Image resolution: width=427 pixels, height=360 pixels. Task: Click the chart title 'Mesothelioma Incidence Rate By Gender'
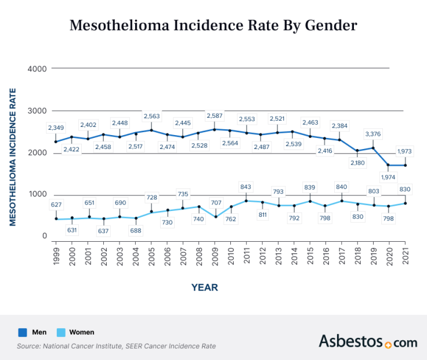coord(213,26)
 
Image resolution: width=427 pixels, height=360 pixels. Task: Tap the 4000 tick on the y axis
coord(37,68)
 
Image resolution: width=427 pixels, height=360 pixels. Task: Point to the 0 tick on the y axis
coord(44,237)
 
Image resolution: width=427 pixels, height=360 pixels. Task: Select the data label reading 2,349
coord(56,128)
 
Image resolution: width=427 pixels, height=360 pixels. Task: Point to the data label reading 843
coord(247,186)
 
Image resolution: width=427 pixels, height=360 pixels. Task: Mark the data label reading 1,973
coord(406,152)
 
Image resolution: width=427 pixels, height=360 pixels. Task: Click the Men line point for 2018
coord(357,151)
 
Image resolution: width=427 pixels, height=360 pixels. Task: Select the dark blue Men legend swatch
coord(23,332)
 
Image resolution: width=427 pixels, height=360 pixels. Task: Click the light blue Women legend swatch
coord(60,332)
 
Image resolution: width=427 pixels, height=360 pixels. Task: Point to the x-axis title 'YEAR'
coord(205,287)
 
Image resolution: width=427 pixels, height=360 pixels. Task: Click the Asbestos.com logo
coord(368,341)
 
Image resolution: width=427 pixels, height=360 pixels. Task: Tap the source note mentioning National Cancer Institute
coord(116,346)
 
